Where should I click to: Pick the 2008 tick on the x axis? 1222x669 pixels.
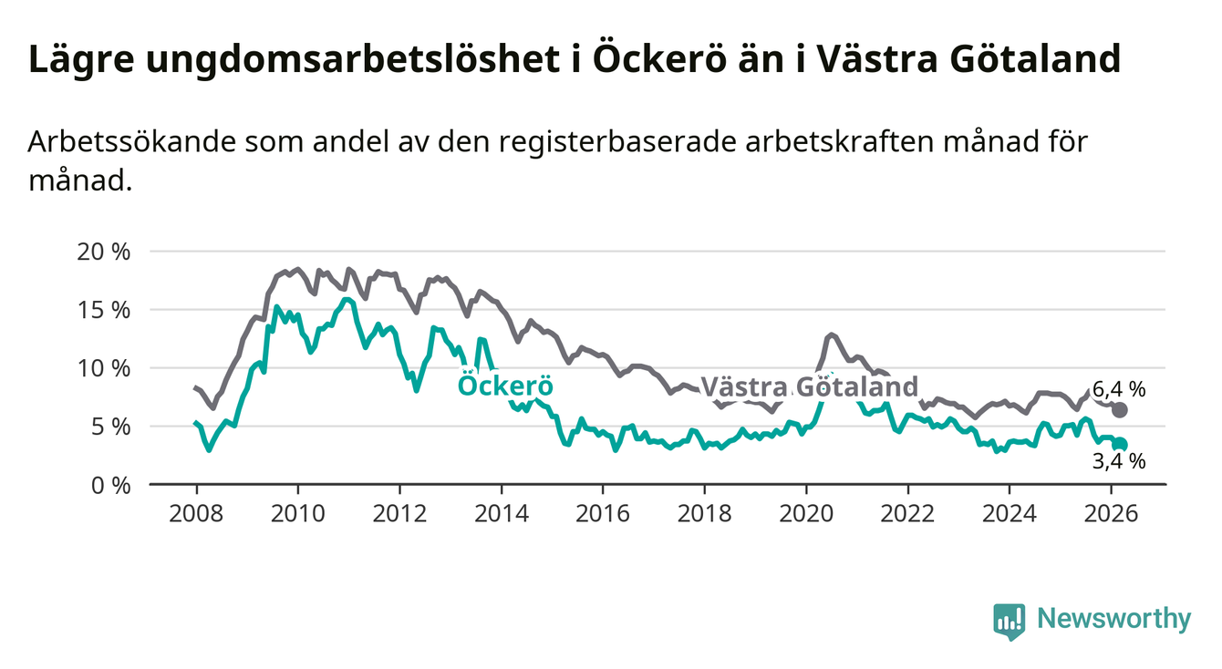pos(196,512)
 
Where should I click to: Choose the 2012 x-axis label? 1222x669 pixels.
pos(399,512)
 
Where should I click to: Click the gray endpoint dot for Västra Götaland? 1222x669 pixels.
pos(1120,409)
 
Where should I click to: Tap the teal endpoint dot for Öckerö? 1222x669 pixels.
pos(1121,444)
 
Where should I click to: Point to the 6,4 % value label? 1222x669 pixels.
pos(1118,389)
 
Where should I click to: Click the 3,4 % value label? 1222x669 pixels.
pos(1118,462)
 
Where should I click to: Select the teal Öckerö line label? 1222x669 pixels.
pos(505,386)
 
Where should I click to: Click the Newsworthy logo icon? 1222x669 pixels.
pos(1009,621)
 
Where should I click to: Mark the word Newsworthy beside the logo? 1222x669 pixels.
pos(1114,620)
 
